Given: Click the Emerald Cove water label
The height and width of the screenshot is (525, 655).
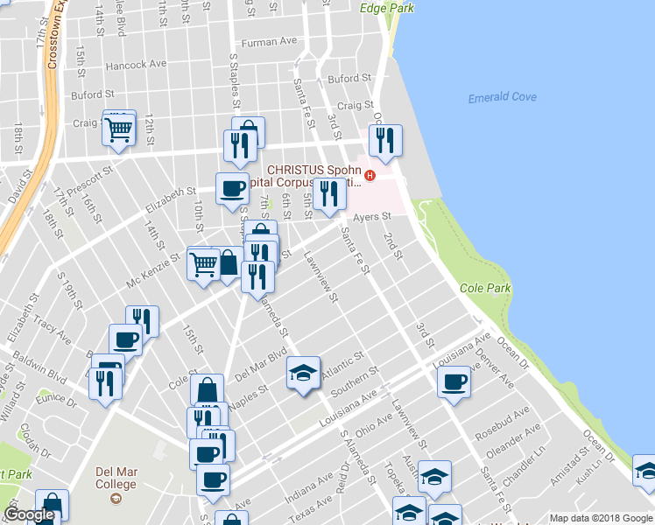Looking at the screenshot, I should click(x=503, y=97).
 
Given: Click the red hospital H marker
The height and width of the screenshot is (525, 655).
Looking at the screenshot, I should click(x=370, y=175).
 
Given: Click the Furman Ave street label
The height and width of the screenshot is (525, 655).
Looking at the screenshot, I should click(x=270, y=42).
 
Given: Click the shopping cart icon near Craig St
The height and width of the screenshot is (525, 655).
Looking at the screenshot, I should click(x=118, y=129).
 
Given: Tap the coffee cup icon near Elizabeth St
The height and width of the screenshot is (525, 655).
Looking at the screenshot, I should click(x=234, y=188).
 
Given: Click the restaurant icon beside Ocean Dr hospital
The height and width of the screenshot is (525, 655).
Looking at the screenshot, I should click(x=385, y=139).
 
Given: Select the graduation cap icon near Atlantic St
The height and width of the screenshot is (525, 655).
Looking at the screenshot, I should click(x=303, y=373).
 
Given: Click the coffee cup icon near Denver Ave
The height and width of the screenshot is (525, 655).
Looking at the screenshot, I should click(x=455, y=381).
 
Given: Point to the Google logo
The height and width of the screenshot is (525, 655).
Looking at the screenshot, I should click(x=29, y=514).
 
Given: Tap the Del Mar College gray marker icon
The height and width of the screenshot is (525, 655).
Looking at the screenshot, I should click(x=116, y=499).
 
